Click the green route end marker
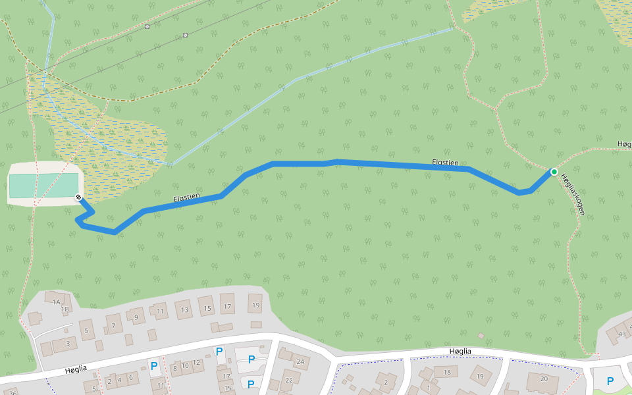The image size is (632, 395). [554, 172]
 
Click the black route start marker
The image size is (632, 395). [78, 197]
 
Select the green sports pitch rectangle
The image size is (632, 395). [43, 186]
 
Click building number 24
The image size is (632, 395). [300, 361]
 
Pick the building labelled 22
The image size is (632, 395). [289, 380]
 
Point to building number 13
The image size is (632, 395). [184, 309]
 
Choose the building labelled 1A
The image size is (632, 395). [56, 302]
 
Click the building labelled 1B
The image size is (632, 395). [65, 309]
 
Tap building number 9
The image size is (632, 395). [136, 317]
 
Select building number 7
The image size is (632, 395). [114, 325]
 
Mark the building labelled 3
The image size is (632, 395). [67, 343]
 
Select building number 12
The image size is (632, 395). [196, 363]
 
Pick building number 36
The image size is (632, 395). [13, 392]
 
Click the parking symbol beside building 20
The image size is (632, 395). [610, 381]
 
